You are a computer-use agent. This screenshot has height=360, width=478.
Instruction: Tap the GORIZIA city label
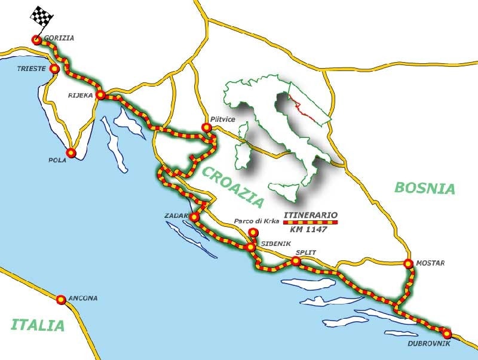59,38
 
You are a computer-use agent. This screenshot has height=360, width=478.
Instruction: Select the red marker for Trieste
54,69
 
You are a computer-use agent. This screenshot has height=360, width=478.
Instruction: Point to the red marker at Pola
71,153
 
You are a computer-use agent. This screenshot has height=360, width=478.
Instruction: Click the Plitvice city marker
207,127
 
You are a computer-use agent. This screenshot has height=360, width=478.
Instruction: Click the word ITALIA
37,325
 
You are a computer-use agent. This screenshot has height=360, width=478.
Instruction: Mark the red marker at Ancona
61,299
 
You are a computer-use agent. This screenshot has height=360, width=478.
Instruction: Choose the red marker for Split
296,261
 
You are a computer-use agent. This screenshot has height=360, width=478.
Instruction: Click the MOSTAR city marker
408,263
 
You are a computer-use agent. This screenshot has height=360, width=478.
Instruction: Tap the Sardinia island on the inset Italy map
244,150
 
